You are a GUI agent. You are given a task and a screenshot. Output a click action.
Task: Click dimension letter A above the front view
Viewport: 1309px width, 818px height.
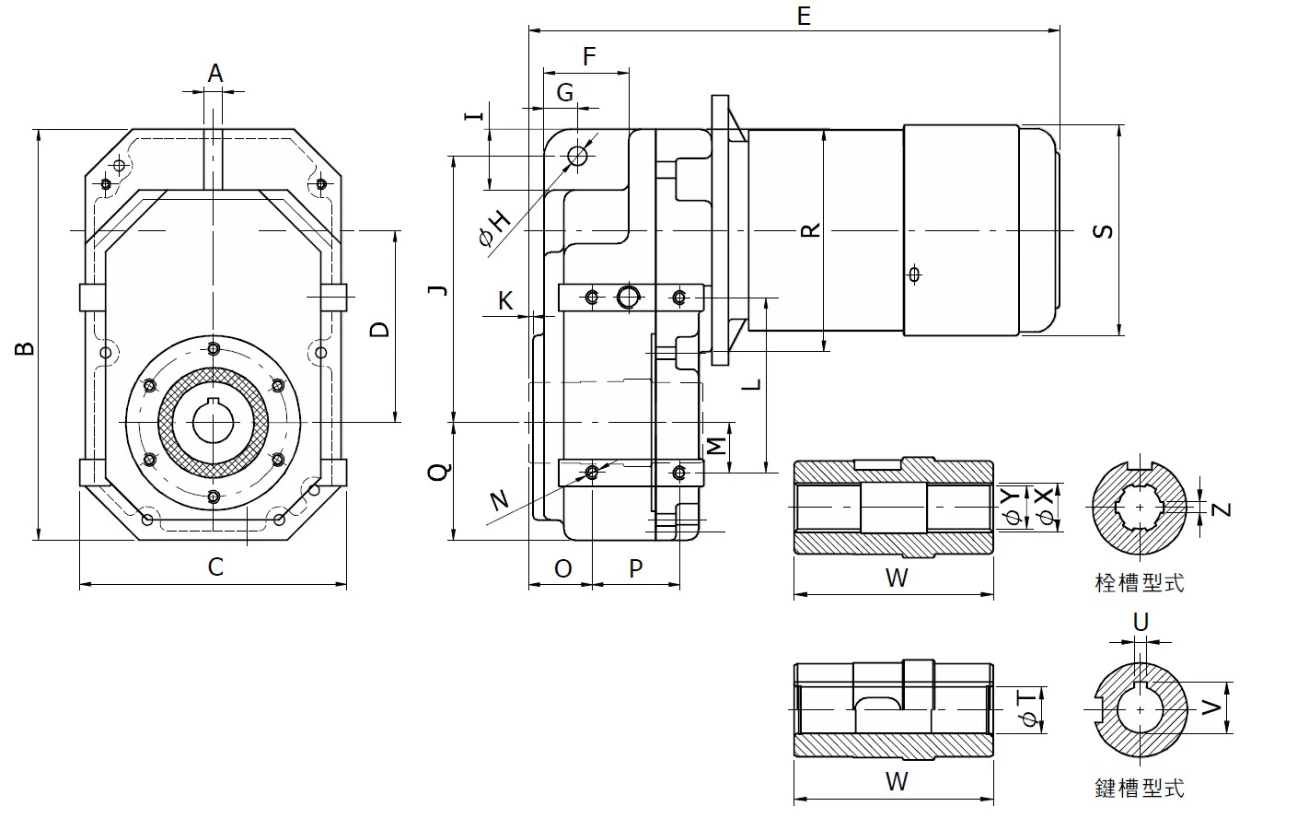pos(214,73)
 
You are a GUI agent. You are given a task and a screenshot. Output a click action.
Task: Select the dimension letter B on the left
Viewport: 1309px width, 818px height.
pos(26,347)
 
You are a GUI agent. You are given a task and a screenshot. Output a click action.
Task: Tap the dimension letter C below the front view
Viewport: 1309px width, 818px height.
pos(214,566)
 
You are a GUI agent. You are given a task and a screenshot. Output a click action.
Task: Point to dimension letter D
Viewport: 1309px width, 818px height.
pos(379,329)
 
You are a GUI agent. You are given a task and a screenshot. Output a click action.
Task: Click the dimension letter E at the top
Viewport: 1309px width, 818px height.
pos(803,16)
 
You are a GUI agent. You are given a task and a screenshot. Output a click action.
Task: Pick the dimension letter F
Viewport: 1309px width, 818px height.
pos(589,57)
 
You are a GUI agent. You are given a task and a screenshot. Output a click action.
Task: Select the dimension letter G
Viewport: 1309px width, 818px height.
pos(565,92)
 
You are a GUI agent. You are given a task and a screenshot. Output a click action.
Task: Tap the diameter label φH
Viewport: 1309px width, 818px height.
pos(494,227)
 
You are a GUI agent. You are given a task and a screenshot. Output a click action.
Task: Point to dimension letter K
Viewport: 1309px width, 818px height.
pos(505,300)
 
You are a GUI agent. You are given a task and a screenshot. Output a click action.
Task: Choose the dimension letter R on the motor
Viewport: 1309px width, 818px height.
pos(810,230)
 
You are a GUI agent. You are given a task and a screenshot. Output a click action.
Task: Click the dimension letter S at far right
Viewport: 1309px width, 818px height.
pos(1103,230)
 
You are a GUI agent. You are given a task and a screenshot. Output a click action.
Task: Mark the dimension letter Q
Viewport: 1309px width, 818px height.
pos(439,472)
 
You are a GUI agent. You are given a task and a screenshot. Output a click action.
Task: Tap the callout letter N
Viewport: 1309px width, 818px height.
pos(499,500)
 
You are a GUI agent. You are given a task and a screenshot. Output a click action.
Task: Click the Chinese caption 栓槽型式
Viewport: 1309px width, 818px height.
pos(1140,582)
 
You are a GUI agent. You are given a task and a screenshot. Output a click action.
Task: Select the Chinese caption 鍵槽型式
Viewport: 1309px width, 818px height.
pos(1140,788)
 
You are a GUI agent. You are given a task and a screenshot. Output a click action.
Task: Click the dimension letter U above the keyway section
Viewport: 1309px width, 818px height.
pos(1141,623)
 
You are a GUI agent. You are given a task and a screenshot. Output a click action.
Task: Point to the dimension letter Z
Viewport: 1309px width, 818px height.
pos(1222,508)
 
